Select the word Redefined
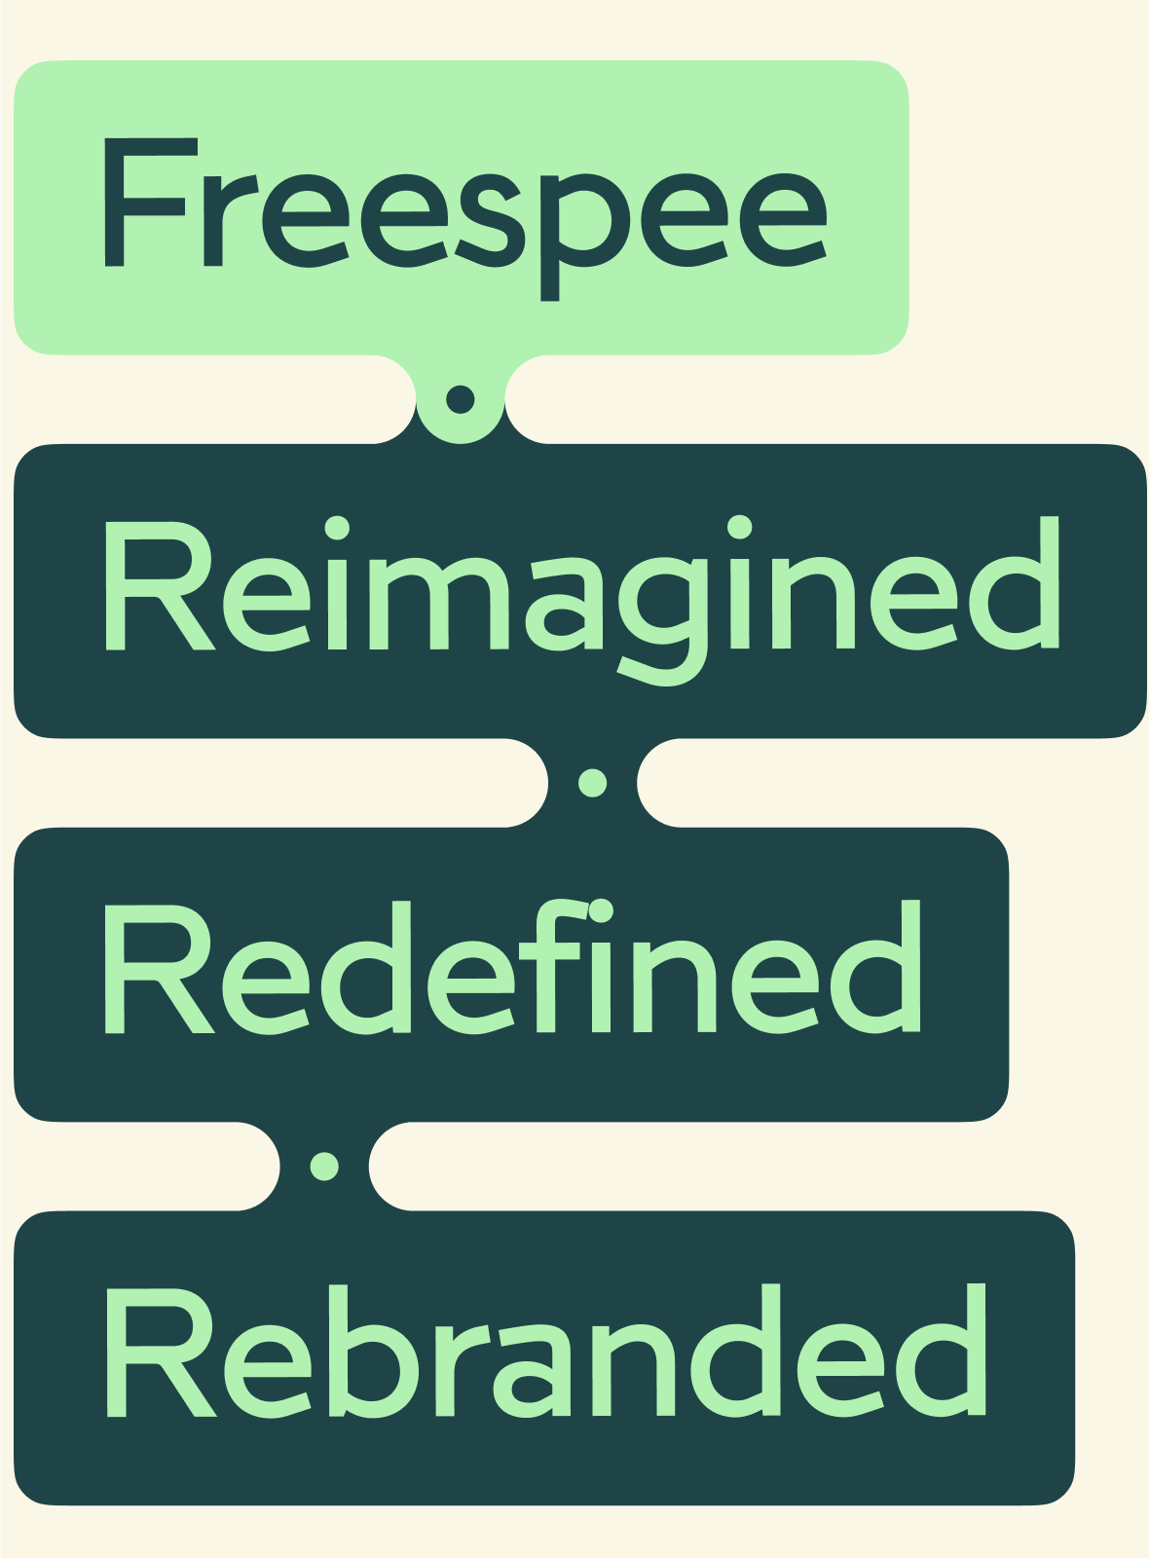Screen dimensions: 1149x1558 (511, 969)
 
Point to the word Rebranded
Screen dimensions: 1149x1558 (545, 1354)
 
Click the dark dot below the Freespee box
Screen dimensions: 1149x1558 (460, 398)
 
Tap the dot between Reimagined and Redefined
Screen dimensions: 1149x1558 (593, 782)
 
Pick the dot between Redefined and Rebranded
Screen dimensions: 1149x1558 (324, 1165)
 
